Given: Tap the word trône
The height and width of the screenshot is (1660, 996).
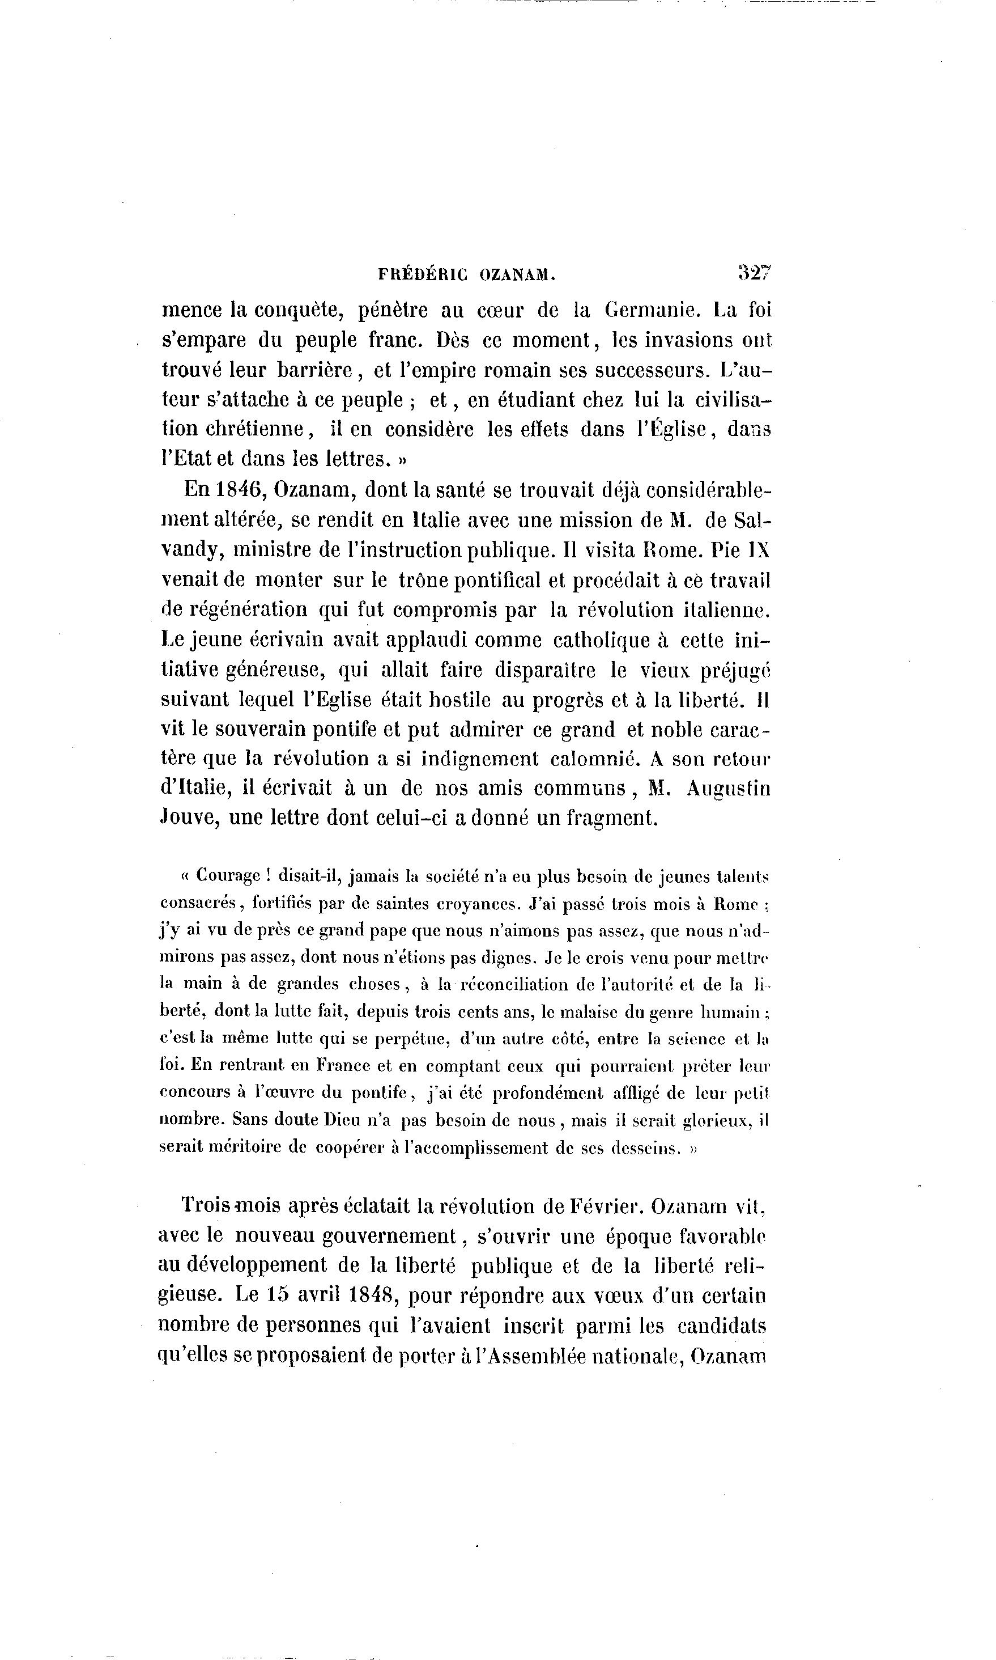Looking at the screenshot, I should [422, 579].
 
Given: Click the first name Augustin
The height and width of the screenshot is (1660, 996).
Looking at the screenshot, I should [729, 789].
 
